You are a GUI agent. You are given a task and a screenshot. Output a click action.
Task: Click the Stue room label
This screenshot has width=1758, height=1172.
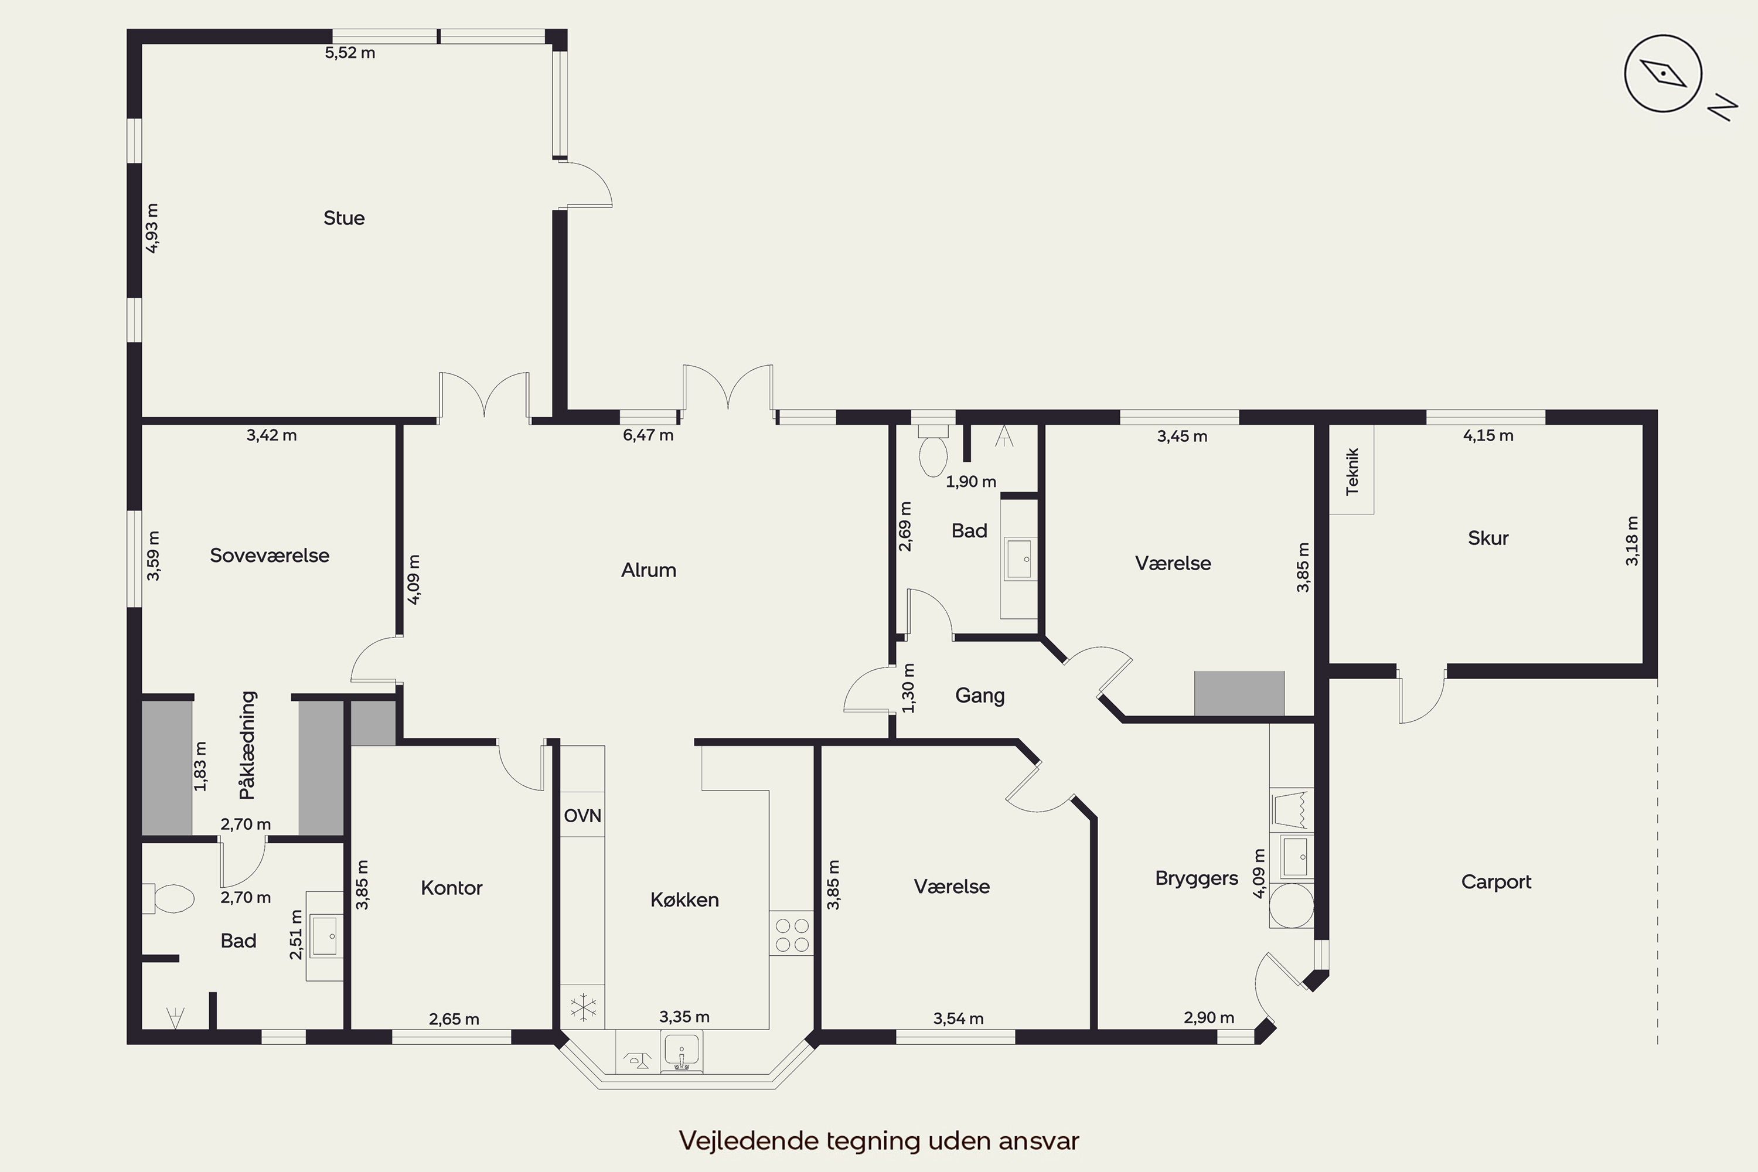tap(344, 218)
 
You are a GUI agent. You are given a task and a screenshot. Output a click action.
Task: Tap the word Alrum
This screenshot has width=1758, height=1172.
tap(649, 570)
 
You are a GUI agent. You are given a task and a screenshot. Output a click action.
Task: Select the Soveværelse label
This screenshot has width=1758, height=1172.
tap(269, 556)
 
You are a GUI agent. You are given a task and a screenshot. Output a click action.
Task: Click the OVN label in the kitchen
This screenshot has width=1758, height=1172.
tap(582, 816)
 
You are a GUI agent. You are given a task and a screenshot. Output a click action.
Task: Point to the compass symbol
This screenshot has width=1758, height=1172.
tap(1663, 73)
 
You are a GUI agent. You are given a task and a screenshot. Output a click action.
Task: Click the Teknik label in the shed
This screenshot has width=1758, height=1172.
tap(1352, 472)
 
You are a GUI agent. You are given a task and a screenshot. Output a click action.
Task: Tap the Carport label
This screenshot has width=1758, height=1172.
tap(1497, 882)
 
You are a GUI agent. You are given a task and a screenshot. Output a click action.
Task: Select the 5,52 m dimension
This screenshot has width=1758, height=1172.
tap(350, 53)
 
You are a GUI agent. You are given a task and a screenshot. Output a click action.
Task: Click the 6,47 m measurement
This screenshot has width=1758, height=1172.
tap(648, 435)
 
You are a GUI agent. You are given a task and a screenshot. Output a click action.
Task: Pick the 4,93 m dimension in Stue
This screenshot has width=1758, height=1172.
tap(152, 228)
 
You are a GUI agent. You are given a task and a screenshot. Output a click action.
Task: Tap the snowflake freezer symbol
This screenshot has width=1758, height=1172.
tap(582, 1007)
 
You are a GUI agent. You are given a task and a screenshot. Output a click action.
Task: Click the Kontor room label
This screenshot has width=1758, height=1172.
tap(451, 888)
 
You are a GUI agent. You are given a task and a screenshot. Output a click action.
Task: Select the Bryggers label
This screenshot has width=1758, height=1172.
tap(1197, 878)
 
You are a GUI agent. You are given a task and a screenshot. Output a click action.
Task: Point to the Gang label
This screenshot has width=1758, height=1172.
tap(980, 696)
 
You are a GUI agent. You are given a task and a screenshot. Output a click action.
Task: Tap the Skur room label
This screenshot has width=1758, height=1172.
tap(1488, 538)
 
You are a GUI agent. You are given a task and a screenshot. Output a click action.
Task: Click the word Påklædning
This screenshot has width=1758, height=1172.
tap(247, 745)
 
